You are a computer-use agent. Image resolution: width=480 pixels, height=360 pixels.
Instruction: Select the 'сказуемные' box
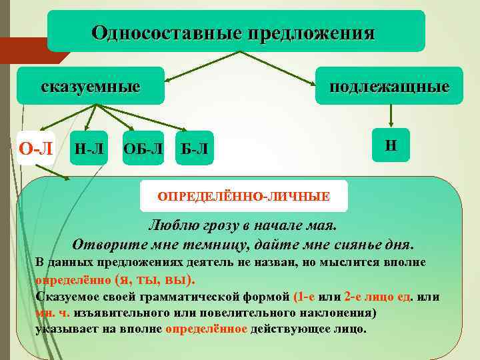91,86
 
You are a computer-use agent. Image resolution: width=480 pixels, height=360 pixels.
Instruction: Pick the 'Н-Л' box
89,147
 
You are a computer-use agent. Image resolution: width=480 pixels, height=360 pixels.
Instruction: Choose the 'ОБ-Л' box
143,147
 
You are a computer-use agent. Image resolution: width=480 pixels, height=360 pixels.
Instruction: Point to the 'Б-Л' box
194,147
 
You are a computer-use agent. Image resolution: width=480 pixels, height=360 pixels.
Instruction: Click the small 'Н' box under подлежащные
391,144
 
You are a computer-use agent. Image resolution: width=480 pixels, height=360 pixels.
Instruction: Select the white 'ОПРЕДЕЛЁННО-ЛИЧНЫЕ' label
243,196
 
